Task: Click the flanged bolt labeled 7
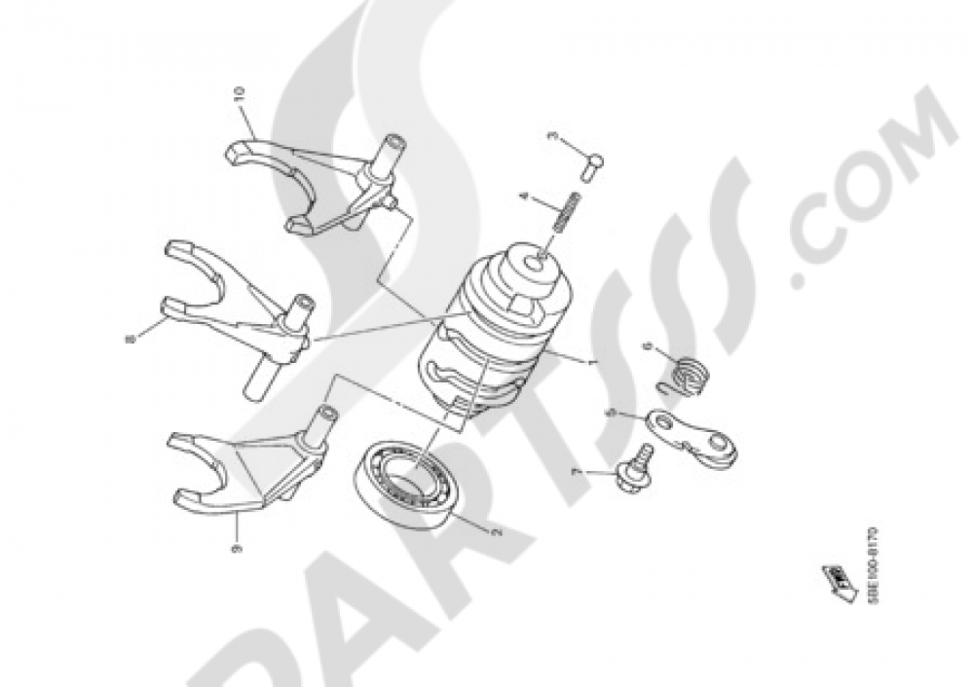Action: tap(637, 473)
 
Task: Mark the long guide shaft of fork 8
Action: tap(261, 369)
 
